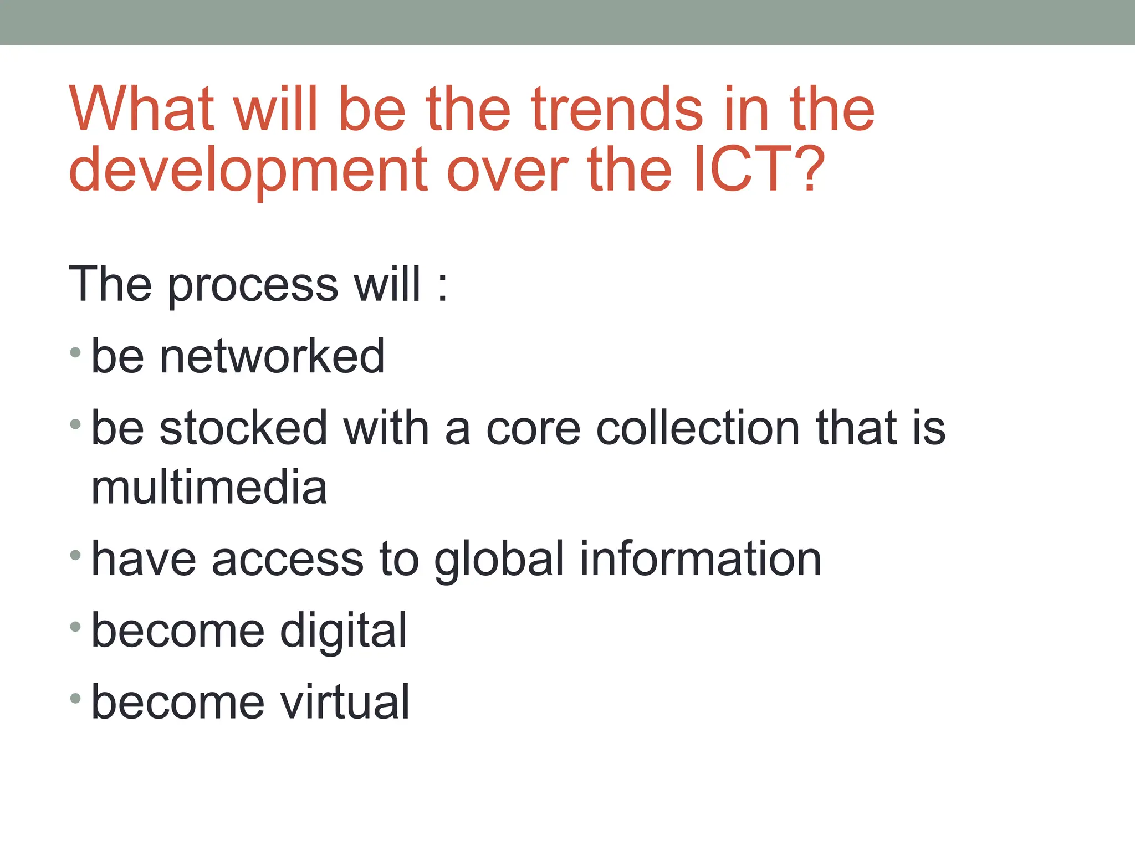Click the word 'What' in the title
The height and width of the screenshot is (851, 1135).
[141, 109]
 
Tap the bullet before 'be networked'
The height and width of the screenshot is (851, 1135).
[76, 352]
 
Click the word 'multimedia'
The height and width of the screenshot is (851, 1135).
[209, 488]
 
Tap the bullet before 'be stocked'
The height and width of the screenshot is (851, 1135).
[76, 425]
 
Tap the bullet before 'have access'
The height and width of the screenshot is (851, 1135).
[76, 555]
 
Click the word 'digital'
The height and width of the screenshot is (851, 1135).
[343, 632]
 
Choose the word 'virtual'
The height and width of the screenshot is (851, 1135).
[344, 702]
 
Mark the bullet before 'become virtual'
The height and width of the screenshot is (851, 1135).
[76, 699]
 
